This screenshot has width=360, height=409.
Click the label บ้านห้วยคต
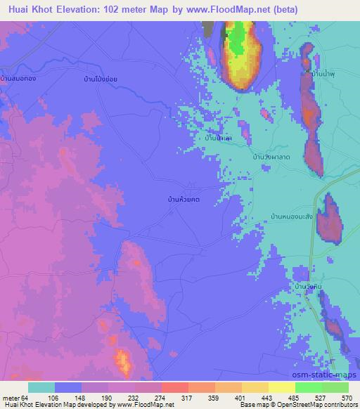click(184, 200)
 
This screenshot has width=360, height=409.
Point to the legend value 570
click(346, 398)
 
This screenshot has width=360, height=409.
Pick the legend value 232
click(134, 398)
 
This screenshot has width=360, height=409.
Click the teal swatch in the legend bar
click(41, 388)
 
